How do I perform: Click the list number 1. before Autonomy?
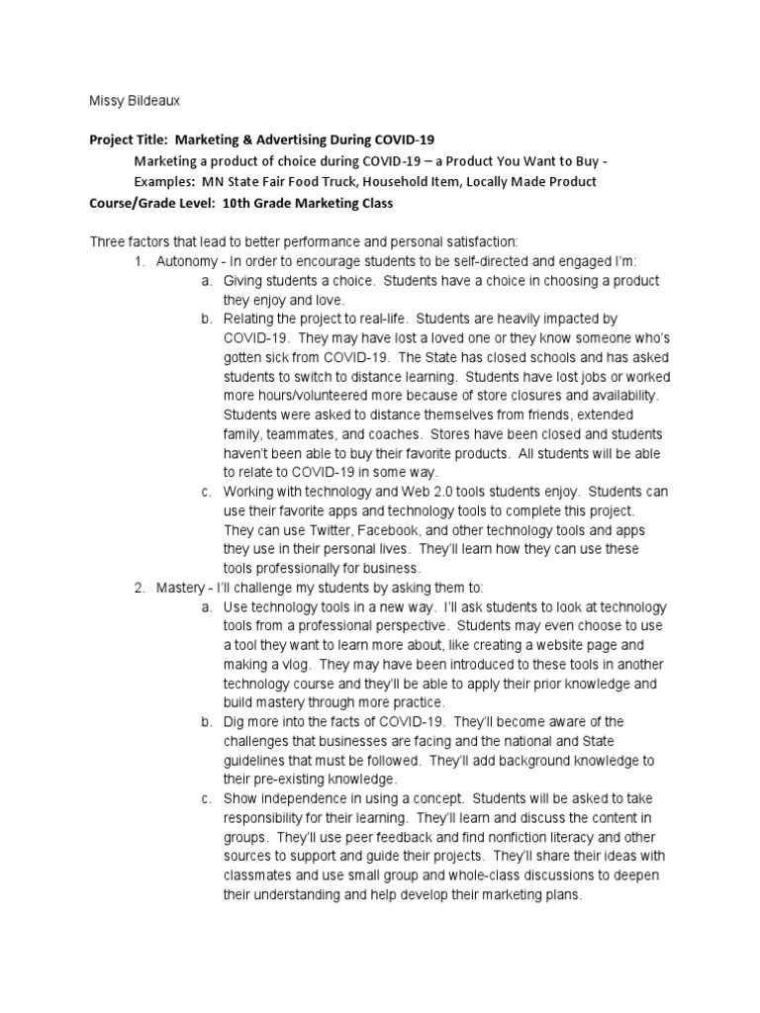click(x=141, y=261)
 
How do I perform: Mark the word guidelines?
click(x=257, y=760)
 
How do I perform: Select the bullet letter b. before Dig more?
click(x=206, y=722)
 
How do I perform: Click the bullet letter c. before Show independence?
click(x=206, y=798)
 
